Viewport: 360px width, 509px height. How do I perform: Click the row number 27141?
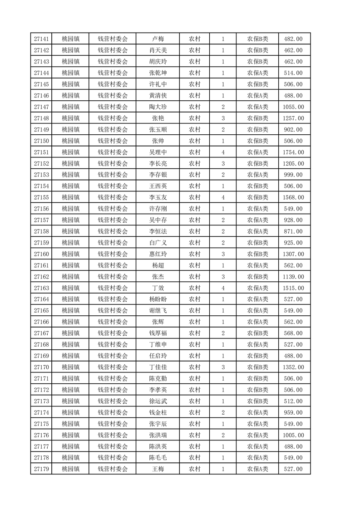(41, 39)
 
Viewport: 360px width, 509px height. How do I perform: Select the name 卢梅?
(158, 39)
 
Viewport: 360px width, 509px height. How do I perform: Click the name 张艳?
(158, 118)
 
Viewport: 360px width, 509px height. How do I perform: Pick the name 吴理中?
(158, 152)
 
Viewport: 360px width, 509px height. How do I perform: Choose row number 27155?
(41, 197)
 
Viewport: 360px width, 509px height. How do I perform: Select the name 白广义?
(158, 243)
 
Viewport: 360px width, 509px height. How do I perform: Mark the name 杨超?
(158, 265)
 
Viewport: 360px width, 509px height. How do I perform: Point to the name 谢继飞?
(158, 311)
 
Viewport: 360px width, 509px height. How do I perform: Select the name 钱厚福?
(158, 333)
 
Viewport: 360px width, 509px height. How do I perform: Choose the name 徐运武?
(158, 401)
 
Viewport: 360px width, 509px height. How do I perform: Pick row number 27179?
(41, 469)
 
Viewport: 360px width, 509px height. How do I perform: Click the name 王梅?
(158, 469)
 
